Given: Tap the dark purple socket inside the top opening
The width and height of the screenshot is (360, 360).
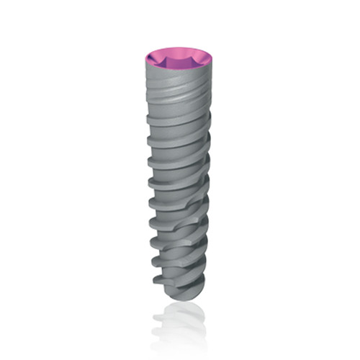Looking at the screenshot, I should [180, 60].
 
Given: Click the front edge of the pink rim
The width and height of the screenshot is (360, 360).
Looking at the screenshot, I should [180, 71].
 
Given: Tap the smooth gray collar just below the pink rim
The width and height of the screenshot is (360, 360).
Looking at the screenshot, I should [180, 83].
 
